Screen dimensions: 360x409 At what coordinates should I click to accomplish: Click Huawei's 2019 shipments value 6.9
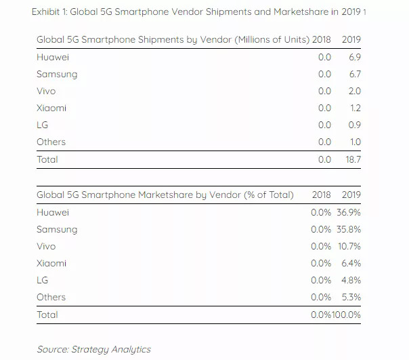[x=353, y=57]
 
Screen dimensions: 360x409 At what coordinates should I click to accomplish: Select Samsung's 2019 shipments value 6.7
[x=353, y=74]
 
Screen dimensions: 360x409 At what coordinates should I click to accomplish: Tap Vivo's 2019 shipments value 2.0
[x=353, y=91]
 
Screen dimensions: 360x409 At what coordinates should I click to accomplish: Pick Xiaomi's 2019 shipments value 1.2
[x=353, y=108]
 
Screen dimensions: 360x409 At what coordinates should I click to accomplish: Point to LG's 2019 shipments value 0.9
[x=353, y=125]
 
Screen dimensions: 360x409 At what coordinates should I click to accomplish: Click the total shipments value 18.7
[x=351, y=159]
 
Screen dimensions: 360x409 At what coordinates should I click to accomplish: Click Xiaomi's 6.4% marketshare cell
[x=351, y=263]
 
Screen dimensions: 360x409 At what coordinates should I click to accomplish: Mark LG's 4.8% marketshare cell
[x=351, y=280]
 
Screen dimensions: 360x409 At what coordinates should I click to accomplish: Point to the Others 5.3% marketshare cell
[x=351, y=297]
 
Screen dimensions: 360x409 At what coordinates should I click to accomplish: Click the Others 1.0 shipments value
[x=353, y=142]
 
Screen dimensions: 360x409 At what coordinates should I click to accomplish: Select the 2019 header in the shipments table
[x=351, y=40]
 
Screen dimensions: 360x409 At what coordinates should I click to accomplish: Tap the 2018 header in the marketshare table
[x=321, y=195]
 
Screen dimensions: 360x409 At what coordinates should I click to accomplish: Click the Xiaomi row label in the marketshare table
[x=51, y=263]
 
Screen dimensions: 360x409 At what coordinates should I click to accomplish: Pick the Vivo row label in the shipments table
[x=46, y=91]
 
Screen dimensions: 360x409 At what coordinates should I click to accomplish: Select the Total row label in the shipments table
[x=47, y=159]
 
